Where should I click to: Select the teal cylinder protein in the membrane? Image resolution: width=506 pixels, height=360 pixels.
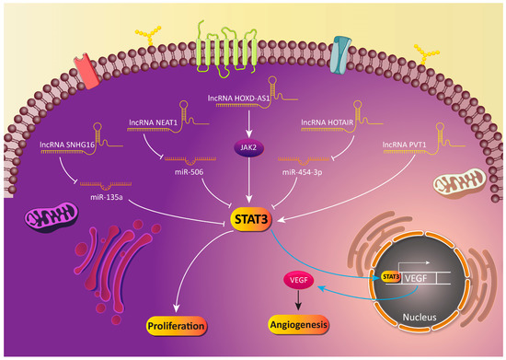coord(342,52)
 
